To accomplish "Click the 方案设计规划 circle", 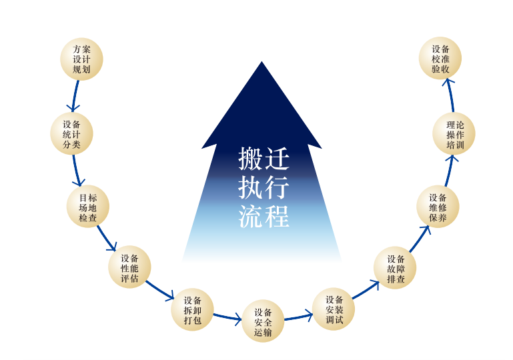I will point(81,59).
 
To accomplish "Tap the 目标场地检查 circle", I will point(88,207).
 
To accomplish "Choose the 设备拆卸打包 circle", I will point(193,310).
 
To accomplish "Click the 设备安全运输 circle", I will point(263,321).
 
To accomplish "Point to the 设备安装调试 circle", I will point(334,309).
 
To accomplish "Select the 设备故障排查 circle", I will point(396,268).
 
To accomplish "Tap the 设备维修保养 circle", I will point(438,207).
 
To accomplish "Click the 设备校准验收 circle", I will point(440,59).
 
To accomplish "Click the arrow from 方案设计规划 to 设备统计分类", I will point(75,95).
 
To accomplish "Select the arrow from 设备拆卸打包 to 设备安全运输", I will point(227,318).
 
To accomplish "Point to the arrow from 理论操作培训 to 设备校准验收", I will point(450,95).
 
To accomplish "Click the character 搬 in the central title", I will point(251,160).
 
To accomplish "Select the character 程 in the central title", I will point(276,216).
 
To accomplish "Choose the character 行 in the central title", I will point(276,188).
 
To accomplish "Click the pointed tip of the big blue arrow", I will point(262,63).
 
